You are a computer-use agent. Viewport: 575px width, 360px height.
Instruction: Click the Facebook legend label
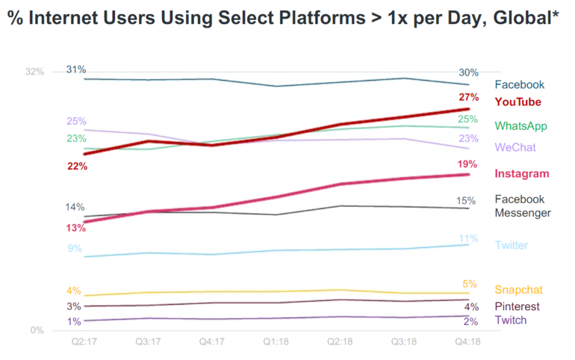519,85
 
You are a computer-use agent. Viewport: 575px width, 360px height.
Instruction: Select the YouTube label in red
517,102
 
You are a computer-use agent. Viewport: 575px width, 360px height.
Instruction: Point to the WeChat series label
515,147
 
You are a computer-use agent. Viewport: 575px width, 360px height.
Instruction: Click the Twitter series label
512,245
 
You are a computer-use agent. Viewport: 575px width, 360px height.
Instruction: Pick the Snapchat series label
518,290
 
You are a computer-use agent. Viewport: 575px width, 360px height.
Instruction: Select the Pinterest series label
517,306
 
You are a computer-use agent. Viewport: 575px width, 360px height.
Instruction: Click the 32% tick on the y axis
35,72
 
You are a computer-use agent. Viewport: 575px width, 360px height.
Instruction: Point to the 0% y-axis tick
37,330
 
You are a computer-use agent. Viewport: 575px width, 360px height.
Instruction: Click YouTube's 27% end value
469,98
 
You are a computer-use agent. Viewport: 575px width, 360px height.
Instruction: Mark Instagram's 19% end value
468,164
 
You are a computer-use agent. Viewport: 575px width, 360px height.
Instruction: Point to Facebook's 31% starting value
76,69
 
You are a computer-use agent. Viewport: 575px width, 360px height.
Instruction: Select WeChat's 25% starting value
76,121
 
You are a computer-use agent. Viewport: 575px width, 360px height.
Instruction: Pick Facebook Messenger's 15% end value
466,200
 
